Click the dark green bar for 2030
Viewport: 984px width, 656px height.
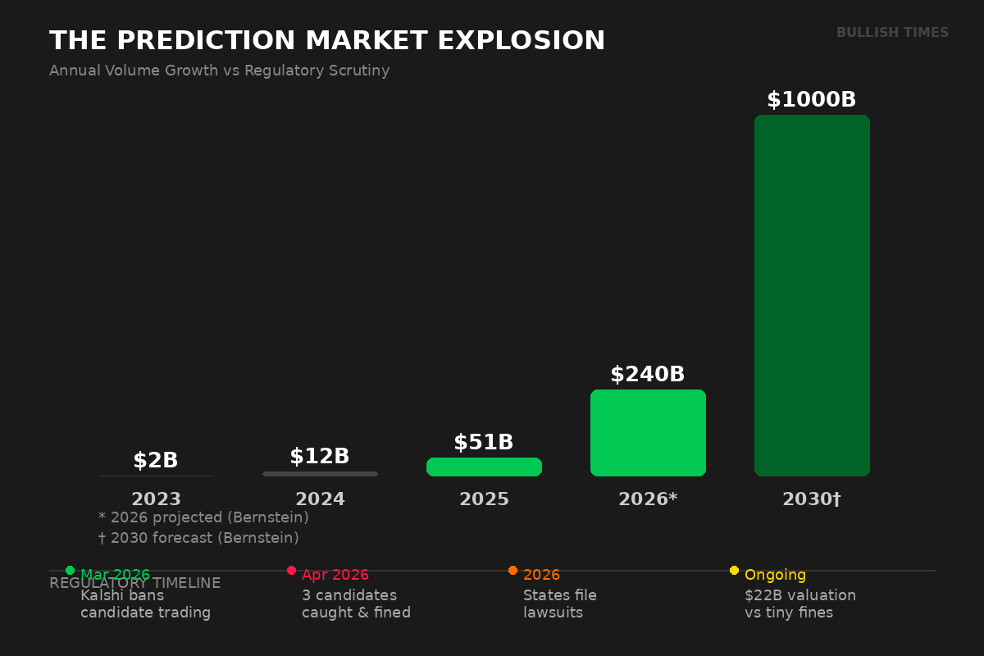(x=812, y=295)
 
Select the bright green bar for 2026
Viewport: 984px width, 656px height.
(x=648, y=433)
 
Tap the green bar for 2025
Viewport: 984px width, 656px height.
(x=484, y=467)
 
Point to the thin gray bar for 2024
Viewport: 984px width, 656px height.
(x=320, y=473)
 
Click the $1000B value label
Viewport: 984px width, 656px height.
(x=811, y=100)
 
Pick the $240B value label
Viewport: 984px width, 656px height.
(x=647, y=375)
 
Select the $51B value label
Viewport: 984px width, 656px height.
(x=483, y=443)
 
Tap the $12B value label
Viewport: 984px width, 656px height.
(x=319, y=457)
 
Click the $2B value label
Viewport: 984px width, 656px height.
(x=156, y=461)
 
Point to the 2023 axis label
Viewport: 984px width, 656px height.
(x=156, y=499)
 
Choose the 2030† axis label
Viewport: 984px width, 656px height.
(x=811, y=499)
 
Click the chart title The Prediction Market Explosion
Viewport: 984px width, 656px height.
(x=327, y=41)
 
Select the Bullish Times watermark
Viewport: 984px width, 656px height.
(x=892, y=33)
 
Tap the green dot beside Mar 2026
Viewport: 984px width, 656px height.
(x=70, y=570)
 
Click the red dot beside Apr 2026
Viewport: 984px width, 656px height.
(x=291, y=570)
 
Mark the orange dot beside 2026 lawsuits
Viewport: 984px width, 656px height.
(x=512, y=570)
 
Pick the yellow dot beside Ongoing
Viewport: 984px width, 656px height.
(x=734, y=570)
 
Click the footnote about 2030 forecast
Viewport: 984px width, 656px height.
(x=198, y=538)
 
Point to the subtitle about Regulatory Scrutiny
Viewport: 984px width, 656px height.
(x=219, y=71)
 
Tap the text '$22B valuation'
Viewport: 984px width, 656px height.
(x=799, y=595)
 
